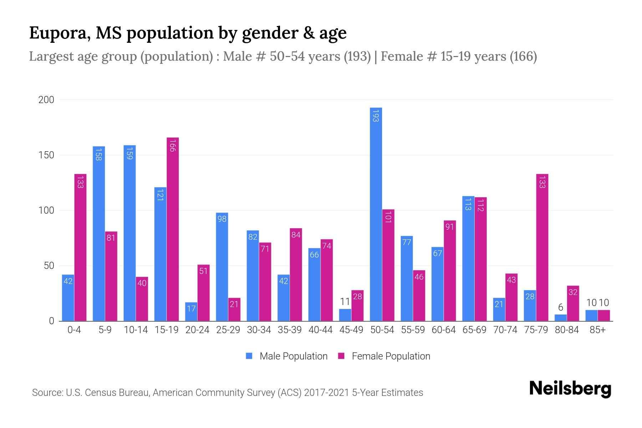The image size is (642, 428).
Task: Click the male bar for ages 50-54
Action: coord(376,214)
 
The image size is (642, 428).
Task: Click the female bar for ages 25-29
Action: coord(234,310)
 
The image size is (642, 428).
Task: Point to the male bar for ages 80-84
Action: coord(561,317)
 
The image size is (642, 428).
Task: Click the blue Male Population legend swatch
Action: coord(249,356)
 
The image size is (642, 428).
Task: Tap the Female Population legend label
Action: coord(391,356)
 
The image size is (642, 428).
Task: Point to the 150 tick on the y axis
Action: coord(46,155)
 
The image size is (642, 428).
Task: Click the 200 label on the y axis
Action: coord(46,100)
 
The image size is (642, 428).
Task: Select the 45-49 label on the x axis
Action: coord(351,330)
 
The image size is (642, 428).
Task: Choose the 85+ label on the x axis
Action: coord(597,330)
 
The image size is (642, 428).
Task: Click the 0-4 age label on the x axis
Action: coord(74,330)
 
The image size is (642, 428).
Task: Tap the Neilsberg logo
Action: coord(570,389)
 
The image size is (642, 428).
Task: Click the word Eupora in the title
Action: coord(57,33)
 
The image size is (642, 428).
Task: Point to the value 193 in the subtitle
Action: coord(357,56)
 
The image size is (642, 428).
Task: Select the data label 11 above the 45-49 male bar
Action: coord(345,302)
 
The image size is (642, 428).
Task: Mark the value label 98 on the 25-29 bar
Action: coord(222,219)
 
